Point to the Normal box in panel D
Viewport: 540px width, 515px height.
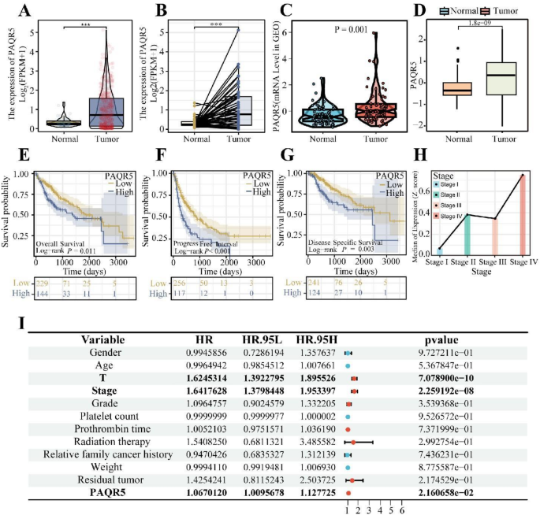(456, 88)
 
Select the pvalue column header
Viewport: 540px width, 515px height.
(446, 339)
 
